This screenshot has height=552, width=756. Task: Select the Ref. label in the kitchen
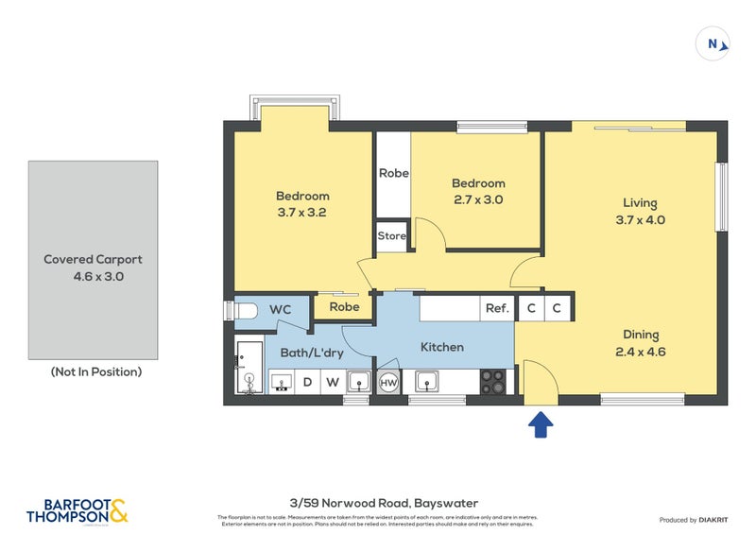click(x=497, y=307)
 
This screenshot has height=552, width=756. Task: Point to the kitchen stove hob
click(x=493, y=382)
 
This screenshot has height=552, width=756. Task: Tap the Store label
click(x=391, y=236)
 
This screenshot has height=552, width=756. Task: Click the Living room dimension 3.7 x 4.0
click(x=639, y=220)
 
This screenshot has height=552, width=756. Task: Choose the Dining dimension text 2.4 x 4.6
click(x=640, y=352)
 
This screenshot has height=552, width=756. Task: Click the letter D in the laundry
click(x=307, y=383)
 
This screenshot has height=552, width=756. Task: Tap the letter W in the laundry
click(x=332, y=383)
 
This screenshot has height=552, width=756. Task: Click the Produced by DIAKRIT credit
click(x=698, y=520)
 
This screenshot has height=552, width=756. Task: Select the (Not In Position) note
click(x=95, y=371)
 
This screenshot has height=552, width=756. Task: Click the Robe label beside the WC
click(x=344, y=307)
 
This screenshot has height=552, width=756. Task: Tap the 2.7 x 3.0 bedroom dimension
click(x=477, y=199)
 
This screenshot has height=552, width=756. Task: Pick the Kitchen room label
click(x=441, y=347)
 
